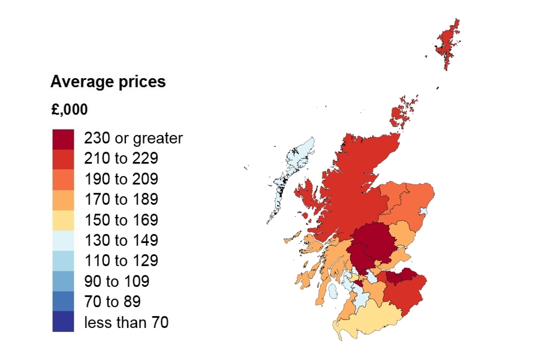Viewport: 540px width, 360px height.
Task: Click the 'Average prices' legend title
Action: [108, 82]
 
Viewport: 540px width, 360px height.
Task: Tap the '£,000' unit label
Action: [69, 110]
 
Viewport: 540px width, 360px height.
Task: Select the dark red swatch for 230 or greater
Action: [63, 139]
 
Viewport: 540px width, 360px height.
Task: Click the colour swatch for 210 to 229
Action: [63, 159]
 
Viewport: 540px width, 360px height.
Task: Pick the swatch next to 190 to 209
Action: [63, 179]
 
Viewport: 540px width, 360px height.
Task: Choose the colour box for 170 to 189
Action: [63, 200]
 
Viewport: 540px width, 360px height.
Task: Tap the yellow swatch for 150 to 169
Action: [63, 220]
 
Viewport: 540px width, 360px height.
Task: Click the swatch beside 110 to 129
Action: [63, 261]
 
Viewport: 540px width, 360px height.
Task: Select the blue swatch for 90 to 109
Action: [63, 281]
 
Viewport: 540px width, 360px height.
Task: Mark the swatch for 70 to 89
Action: [63, 301]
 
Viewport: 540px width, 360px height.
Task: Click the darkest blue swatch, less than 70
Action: [63, 322]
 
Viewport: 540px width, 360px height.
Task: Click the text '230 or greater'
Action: [133, 138]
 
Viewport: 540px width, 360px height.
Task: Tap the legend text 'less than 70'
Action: [126, 322]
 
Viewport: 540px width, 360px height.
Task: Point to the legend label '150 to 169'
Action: [121, 220]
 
